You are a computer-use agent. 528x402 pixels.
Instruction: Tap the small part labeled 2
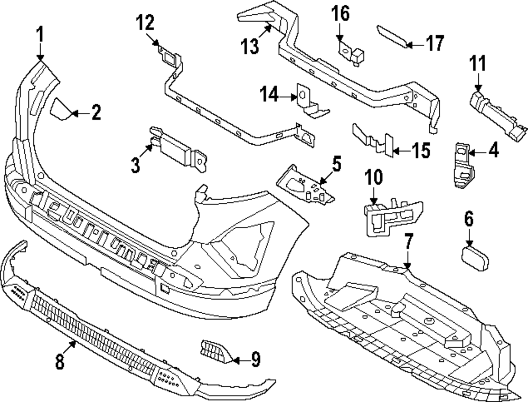(60, 109)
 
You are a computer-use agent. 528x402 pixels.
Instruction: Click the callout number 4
(493, 151)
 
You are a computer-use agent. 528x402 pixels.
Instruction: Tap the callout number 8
(60, 361)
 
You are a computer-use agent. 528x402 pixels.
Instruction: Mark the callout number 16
(341, 13)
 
